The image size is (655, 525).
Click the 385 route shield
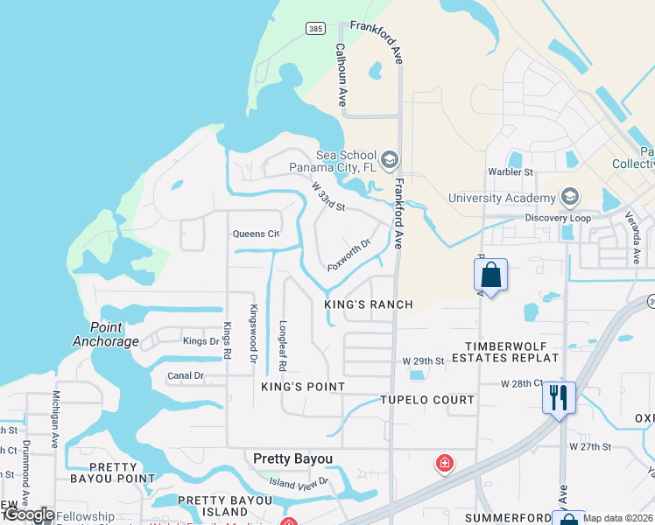pyautogui.click(x=316, y=29)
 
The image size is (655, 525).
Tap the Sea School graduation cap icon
pyautogui.click(x=390, y=159)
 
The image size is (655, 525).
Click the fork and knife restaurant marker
pyautogui.click(x=558, y=397)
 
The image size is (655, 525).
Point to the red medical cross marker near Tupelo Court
pyautogui.click(x=445, y=461)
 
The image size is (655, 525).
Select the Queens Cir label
pyautogui.click(x=255, y=234)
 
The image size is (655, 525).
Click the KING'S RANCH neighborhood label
pyautogui.click(x=368, y=304)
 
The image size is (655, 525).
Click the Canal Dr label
pyautogui.click(x=185, y=376)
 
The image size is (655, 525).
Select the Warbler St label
pyautogui.click(x=511, y=172)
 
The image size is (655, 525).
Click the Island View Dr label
pyautogui.click(x=299, y=481)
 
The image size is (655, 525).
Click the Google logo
pyautogui.click(x=28, y=515)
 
